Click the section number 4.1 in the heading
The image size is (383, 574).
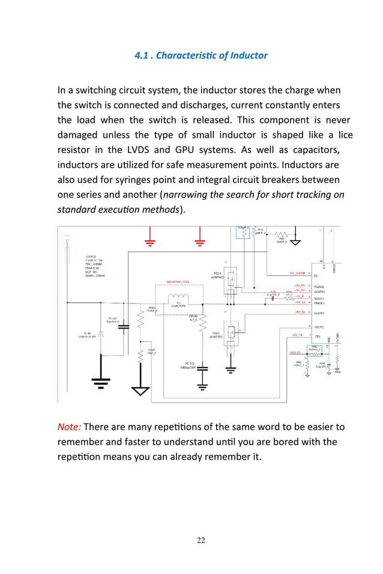tap(143, 56)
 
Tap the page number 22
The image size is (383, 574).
tap(201, 540)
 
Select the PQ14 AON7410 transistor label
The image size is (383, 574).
tap(219, 275)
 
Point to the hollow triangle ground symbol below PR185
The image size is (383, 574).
tap(140, 390)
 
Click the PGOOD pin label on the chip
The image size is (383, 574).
tap(319, 286)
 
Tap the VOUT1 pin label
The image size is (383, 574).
tap(319, 327)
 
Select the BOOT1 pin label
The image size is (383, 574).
tap(319, 298)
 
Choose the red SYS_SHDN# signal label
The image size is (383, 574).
tap(298, 272)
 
